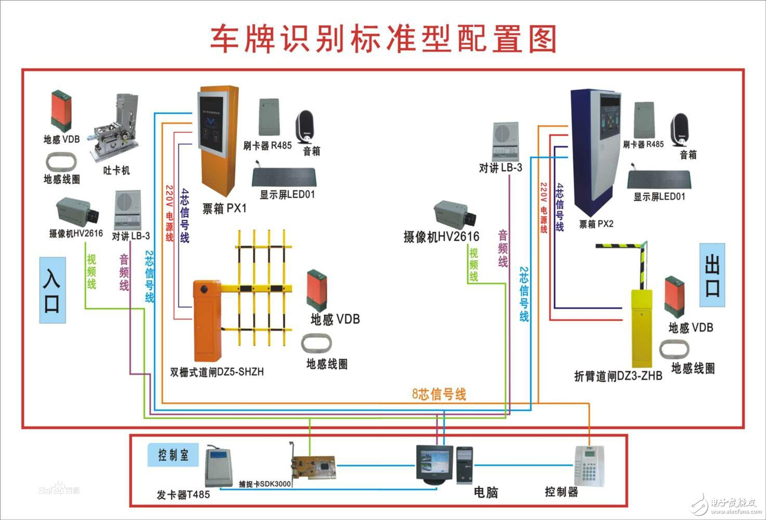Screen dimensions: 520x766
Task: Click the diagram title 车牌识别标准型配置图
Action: point(383,38)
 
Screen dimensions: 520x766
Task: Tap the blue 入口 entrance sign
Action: point(52,290)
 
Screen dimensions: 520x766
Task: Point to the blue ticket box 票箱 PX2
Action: point(595,151)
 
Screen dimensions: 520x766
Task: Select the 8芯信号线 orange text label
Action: point(439,394)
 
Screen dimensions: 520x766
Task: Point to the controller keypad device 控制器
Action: point(590,465)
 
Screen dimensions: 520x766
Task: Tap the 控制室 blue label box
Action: point(173,456)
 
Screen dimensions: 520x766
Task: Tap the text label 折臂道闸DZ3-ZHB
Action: point(618,376)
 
